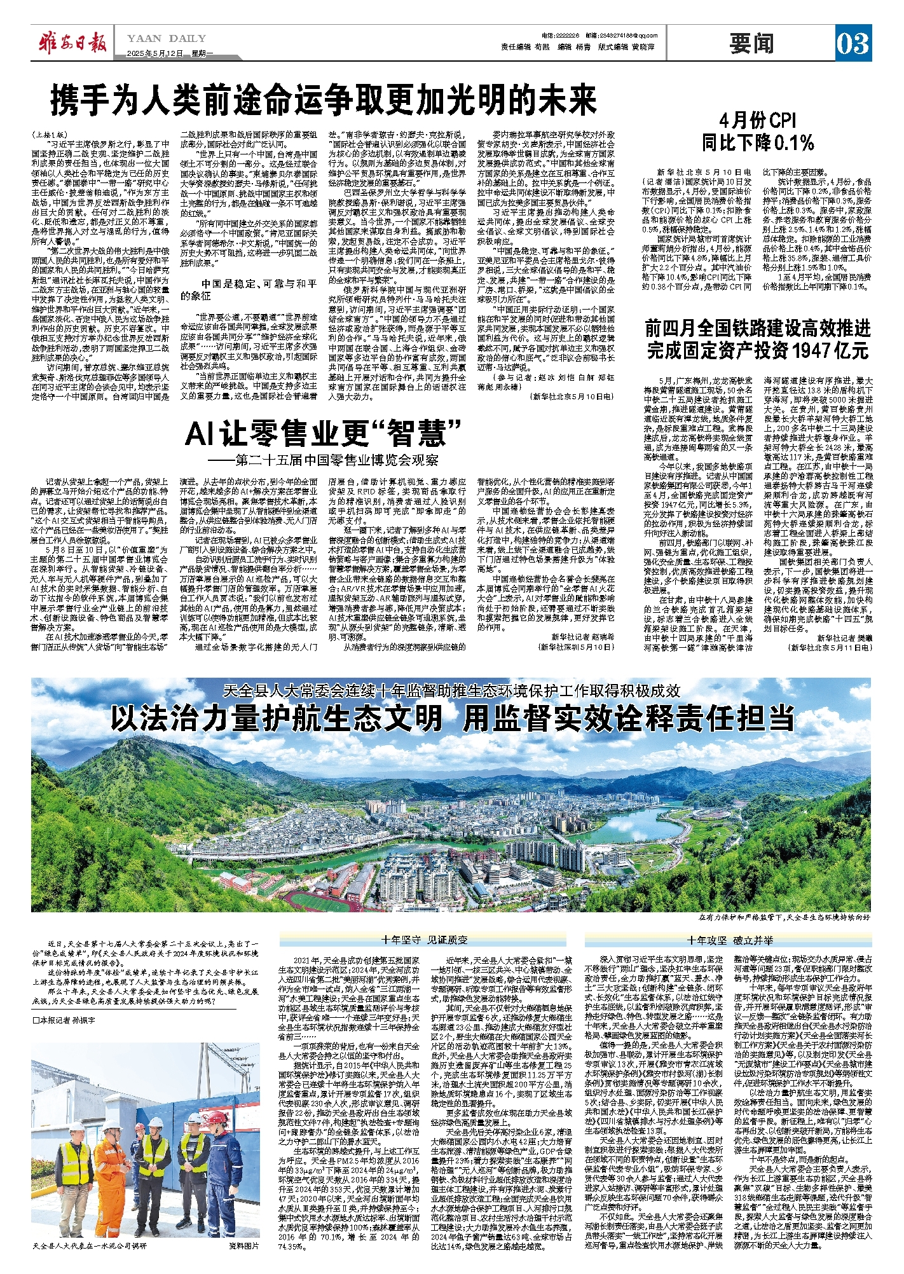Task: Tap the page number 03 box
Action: coord(852,43)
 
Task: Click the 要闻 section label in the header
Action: coord(751,43)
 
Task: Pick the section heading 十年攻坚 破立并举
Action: coord(729,940)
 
